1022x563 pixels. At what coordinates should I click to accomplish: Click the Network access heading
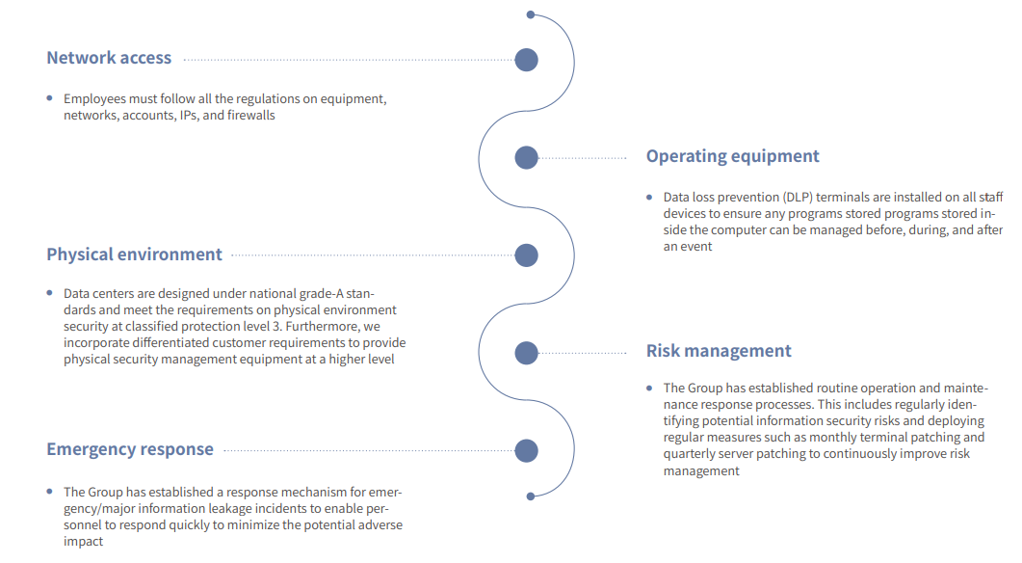109,58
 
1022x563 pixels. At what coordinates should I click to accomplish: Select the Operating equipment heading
733,156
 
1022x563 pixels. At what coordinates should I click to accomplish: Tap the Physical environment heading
134,255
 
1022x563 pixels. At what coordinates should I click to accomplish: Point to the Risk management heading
719,351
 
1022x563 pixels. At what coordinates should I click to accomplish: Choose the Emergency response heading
130,449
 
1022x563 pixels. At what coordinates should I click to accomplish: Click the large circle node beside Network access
526,60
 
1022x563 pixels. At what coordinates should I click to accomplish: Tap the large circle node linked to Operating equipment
526,158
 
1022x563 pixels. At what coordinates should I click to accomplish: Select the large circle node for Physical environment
526,255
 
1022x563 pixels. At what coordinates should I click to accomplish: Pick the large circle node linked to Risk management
526,353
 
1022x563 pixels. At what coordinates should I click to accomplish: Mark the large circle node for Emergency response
526,451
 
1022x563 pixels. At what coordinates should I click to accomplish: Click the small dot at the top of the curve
531,14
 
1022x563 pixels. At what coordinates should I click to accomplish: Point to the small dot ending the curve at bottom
531,496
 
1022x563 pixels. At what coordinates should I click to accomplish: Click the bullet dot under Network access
49,98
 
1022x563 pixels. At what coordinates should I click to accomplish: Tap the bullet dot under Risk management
649,388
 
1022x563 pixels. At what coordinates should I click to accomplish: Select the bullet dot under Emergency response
49,492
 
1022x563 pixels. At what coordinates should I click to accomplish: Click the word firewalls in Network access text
251,116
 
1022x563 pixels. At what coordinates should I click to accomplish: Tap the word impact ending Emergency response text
83,542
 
